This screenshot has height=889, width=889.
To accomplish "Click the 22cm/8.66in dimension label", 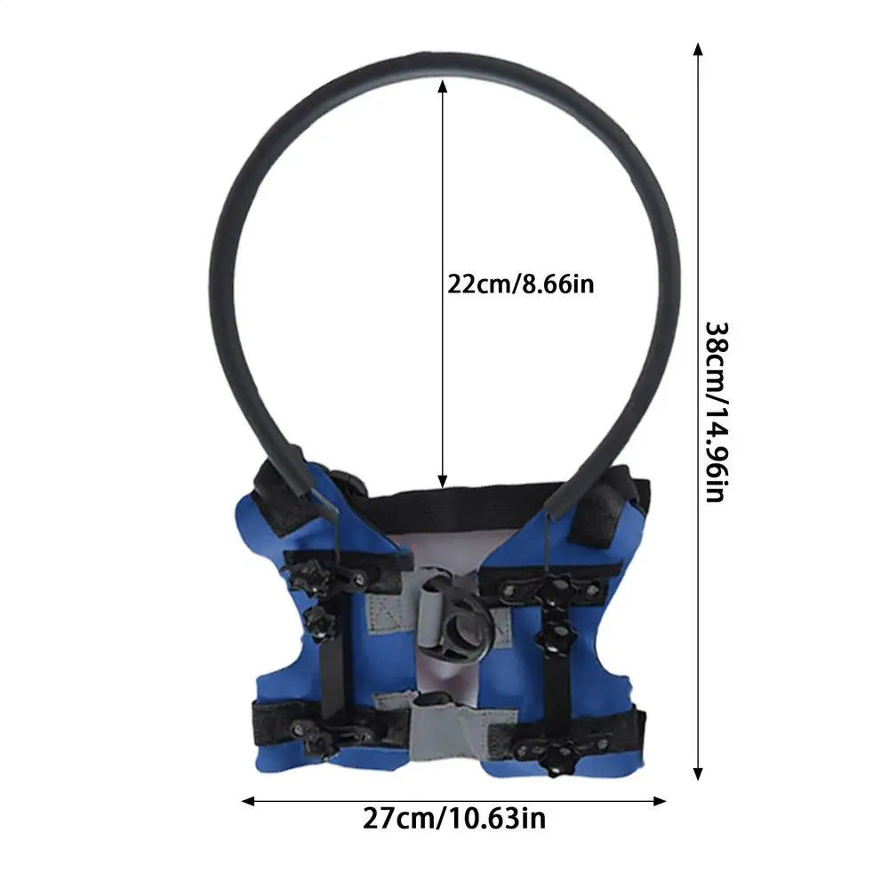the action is (x=520, y=284).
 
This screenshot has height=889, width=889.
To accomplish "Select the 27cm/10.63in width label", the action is (x=454, y=818).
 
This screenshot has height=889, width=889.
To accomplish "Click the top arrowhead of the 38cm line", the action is (x=699, y=49).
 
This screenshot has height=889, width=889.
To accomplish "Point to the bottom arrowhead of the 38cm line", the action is (x=699, y=774).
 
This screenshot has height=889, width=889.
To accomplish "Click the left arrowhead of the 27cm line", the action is (x=248, y=801).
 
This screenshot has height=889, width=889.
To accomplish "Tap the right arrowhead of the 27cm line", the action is (x=660, y=801).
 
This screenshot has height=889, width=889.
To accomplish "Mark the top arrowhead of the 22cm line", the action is (x=443, y=85).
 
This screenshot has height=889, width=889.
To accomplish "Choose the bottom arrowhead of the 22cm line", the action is (x=443, y=481).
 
